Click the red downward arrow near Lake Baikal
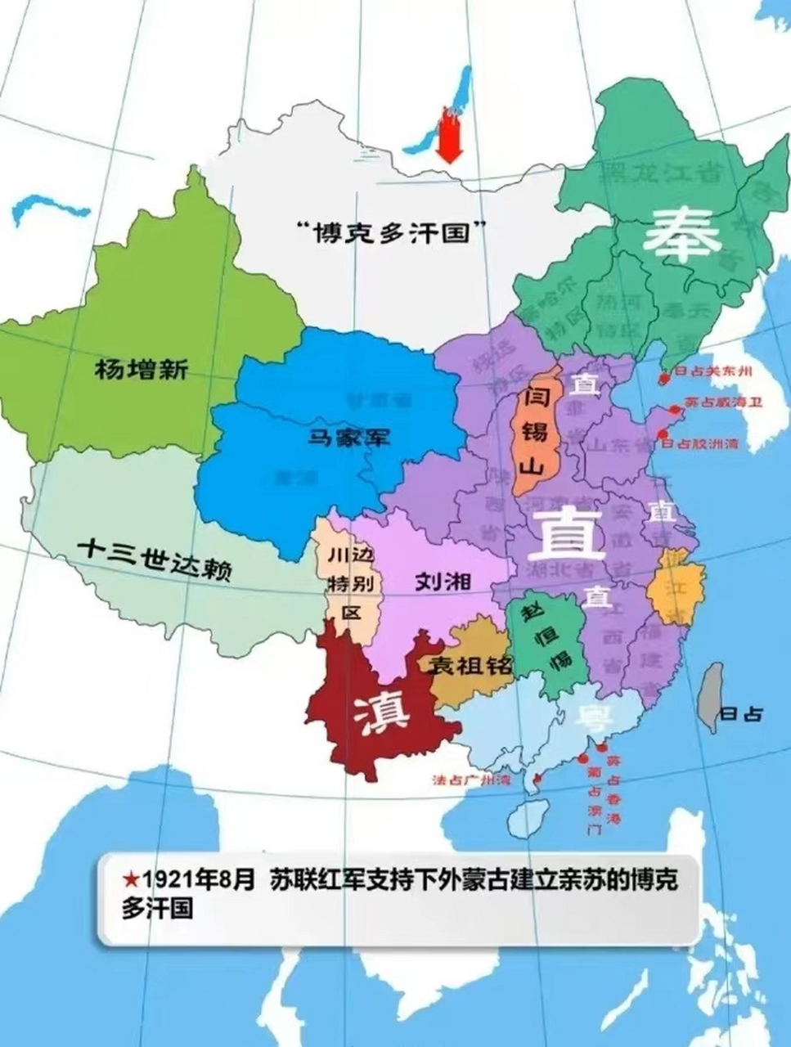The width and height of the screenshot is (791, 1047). [x=449, y=136]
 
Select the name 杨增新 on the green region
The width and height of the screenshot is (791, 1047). [x=142, y=370]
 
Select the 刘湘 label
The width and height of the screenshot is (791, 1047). [x=443, y=582]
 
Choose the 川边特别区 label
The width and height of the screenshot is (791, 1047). [x=350, y=582]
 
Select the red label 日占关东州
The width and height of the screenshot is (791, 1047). [x=712, y=371]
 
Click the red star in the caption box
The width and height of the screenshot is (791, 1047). [x=130, y=879]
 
